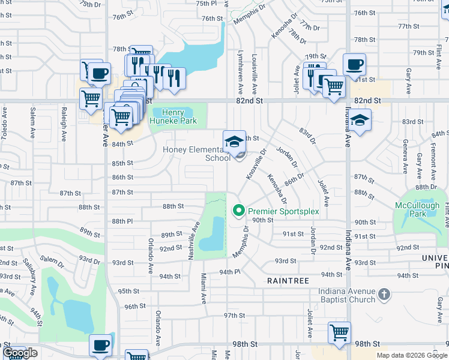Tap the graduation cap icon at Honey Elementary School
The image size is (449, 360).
tap(235, 142)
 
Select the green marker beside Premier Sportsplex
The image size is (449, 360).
tap(238, 211)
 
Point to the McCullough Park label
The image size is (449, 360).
tap(417, 209)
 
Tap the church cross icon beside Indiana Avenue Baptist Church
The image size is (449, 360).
tap(385, 295)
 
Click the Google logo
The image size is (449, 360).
tap(20, 353)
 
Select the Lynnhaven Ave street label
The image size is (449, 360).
tap(241, 71)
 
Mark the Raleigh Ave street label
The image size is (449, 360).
tap(64, 125)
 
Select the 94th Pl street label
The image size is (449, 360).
tap(229, 272)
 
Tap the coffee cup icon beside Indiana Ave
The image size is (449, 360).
tap(354, 64)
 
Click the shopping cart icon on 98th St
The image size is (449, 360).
tap(340, 332)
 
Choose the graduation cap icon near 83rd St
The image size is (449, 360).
tap(360, 121)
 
